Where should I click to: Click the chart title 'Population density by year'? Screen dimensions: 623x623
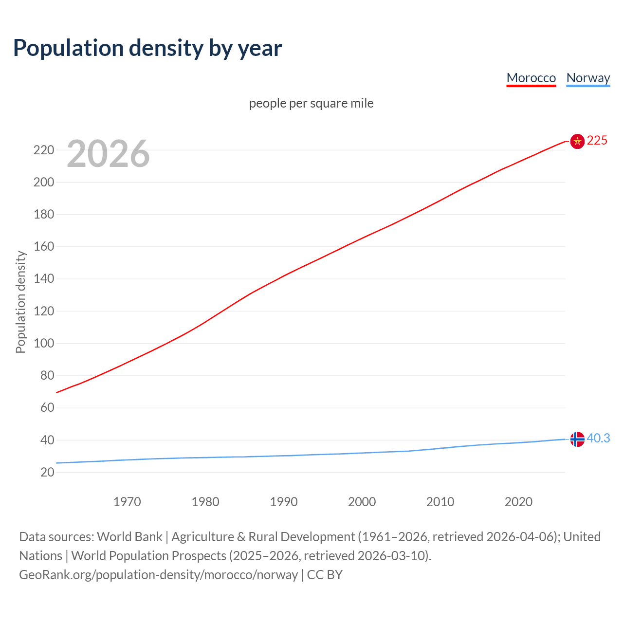(x=147, y=48)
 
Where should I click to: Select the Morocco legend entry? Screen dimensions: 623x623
(x=531, y=78)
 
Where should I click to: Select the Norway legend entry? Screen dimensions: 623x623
(x=588, y=78)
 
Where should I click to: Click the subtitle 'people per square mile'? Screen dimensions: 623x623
(x=311, y=103)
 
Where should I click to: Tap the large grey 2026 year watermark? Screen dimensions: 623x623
(x=108, y=154)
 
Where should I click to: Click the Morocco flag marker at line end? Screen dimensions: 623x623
(x=577, y=141)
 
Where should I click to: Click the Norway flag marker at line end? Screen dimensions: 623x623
(x=577, y=439)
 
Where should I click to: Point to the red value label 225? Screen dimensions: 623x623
(x=597, y=140)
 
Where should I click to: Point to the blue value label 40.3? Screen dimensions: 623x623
(x=598, y=438)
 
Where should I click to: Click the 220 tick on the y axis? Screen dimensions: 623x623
(x=43, y=150)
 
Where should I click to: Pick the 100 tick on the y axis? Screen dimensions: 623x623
(x=43, y=343)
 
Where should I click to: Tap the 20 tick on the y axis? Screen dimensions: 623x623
(x=47, y=472)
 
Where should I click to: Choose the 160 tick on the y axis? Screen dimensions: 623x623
(x=43, y=247)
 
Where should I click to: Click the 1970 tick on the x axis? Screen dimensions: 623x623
(x=127, y=502)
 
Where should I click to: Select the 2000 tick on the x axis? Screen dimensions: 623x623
(x=362, y=502)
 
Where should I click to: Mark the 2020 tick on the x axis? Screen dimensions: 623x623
(x=518, y=502)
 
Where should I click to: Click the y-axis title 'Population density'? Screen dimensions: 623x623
(x=20, y=302)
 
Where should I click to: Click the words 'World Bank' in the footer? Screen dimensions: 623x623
(x=129, y=537)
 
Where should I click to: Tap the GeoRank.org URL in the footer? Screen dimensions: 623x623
(x=158, y=575)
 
